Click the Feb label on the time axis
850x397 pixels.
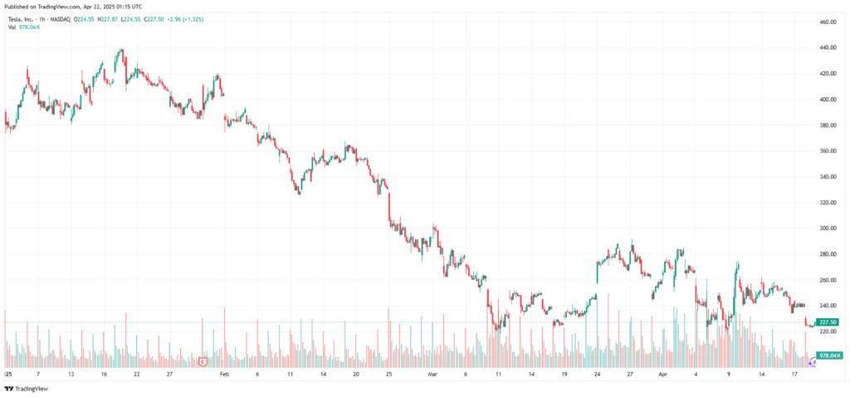click(222, 375)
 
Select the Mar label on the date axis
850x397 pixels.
click(432, 375)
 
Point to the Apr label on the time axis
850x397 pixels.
click(662, 375)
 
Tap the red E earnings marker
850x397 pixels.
click(203, 361)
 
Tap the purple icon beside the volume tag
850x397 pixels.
click(812, 363)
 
